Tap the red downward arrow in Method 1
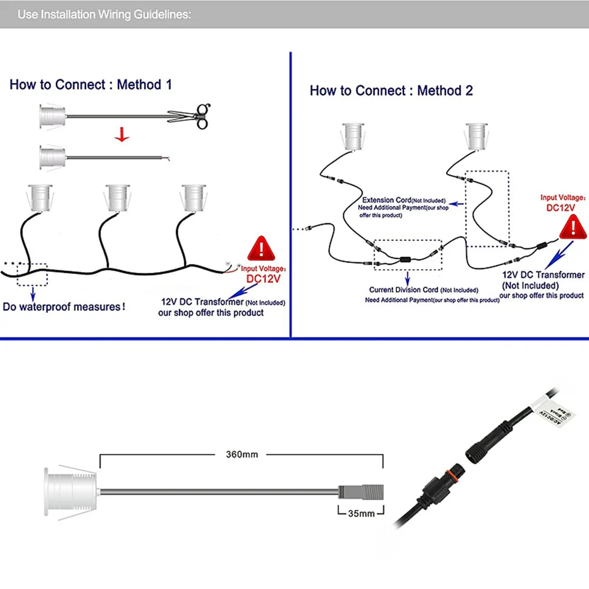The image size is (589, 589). [x=122, y=135]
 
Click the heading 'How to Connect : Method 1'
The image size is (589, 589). [x=91, y=84]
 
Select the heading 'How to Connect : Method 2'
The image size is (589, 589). [x=391, y=90]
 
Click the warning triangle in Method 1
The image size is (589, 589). [x=260, y=249]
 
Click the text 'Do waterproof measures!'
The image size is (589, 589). [x=64, y=307]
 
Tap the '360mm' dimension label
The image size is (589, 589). [x=242, y=454]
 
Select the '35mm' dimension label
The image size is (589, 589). [x=361, y=513]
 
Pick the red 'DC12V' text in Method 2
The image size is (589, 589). [x=561, y=207]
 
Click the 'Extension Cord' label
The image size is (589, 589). [x=386, y=200]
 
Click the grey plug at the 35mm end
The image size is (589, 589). [x=360, y=491]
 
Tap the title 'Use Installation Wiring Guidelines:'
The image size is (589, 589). [x=104, y=14]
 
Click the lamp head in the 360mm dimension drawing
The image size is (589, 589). [x=70, y=490]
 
